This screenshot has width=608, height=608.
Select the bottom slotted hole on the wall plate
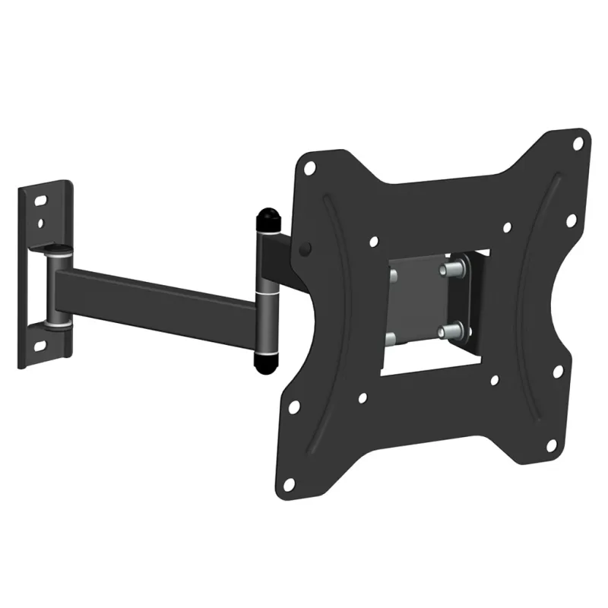coord(40,347)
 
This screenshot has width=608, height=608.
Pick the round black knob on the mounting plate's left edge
coord(306,249)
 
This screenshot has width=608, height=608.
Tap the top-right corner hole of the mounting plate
coord(578,142)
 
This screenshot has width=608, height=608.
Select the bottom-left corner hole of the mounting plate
coord(288,483)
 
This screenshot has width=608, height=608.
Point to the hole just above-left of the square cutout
coord(373,242)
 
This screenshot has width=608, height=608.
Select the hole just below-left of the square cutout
coord(362,397)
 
